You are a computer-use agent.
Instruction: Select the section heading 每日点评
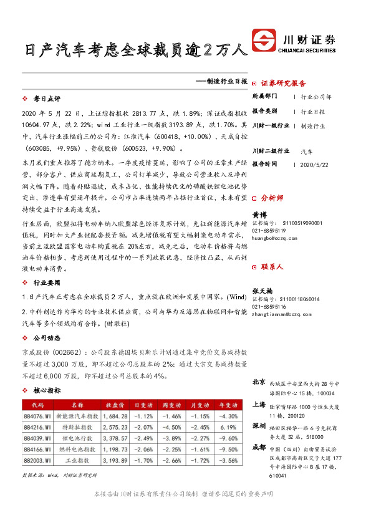click(47, 99)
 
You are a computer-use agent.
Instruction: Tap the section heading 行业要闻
click(47, 282)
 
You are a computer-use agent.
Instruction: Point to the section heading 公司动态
click(47, 337)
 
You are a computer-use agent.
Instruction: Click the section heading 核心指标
click(47, 390)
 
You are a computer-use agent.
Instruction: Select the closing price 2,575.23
click(115, 427)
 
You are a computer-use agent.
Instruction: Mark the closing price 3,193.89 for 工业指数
click(115, 461)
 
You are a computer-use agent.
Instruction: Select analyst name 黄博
click(259, 214)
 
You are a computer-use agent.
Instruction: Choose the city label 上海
click(259, 404)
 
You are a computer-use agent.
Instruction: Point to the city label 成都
click(259, 447)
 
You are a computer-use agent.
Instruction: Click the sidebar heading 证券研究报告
click(283, 82)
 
